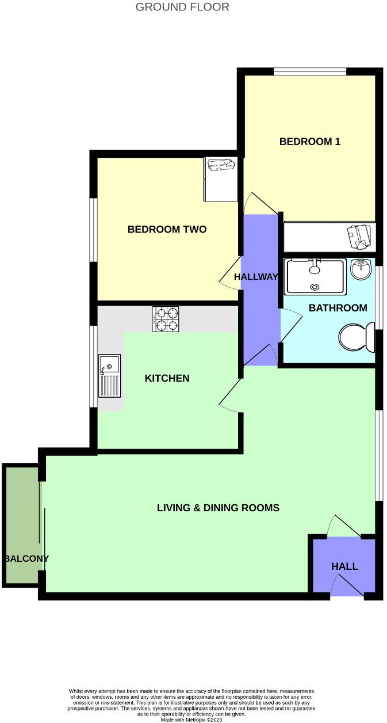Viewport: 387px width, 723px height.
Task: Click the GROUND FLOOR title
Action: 182,7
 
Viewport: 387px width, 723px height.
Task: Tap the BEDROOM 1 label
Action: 310,142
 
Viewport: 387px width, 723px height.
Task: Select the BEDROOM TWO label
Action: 167,230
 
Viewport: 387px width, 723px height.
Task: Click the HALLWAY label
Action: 256,277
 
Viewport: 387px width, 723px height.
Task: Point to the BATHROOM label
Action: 338,308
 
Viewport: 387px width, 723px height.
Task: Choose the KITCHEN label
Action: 167,378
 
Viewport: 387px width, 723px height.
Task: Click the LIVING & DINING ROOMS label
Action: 218,508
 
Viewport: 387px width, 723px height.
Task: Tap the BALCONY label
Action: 26,558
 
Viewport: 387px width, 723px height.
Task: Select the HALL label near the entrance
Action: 344,566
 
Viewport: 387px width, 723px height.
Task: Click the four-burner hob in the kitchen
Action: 166,319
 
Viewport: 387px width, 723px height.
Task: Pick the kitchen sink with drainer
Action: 109,376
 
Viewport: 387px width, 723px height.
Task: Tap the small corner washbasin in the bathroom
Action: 361,269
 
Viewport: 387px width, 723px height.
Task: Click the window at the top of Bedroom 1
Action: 309,71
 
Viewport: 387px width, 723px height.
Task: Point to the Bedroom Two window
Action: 93,230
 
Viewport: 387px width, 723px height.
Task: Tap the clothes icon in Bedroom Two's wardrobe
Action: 221,165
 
